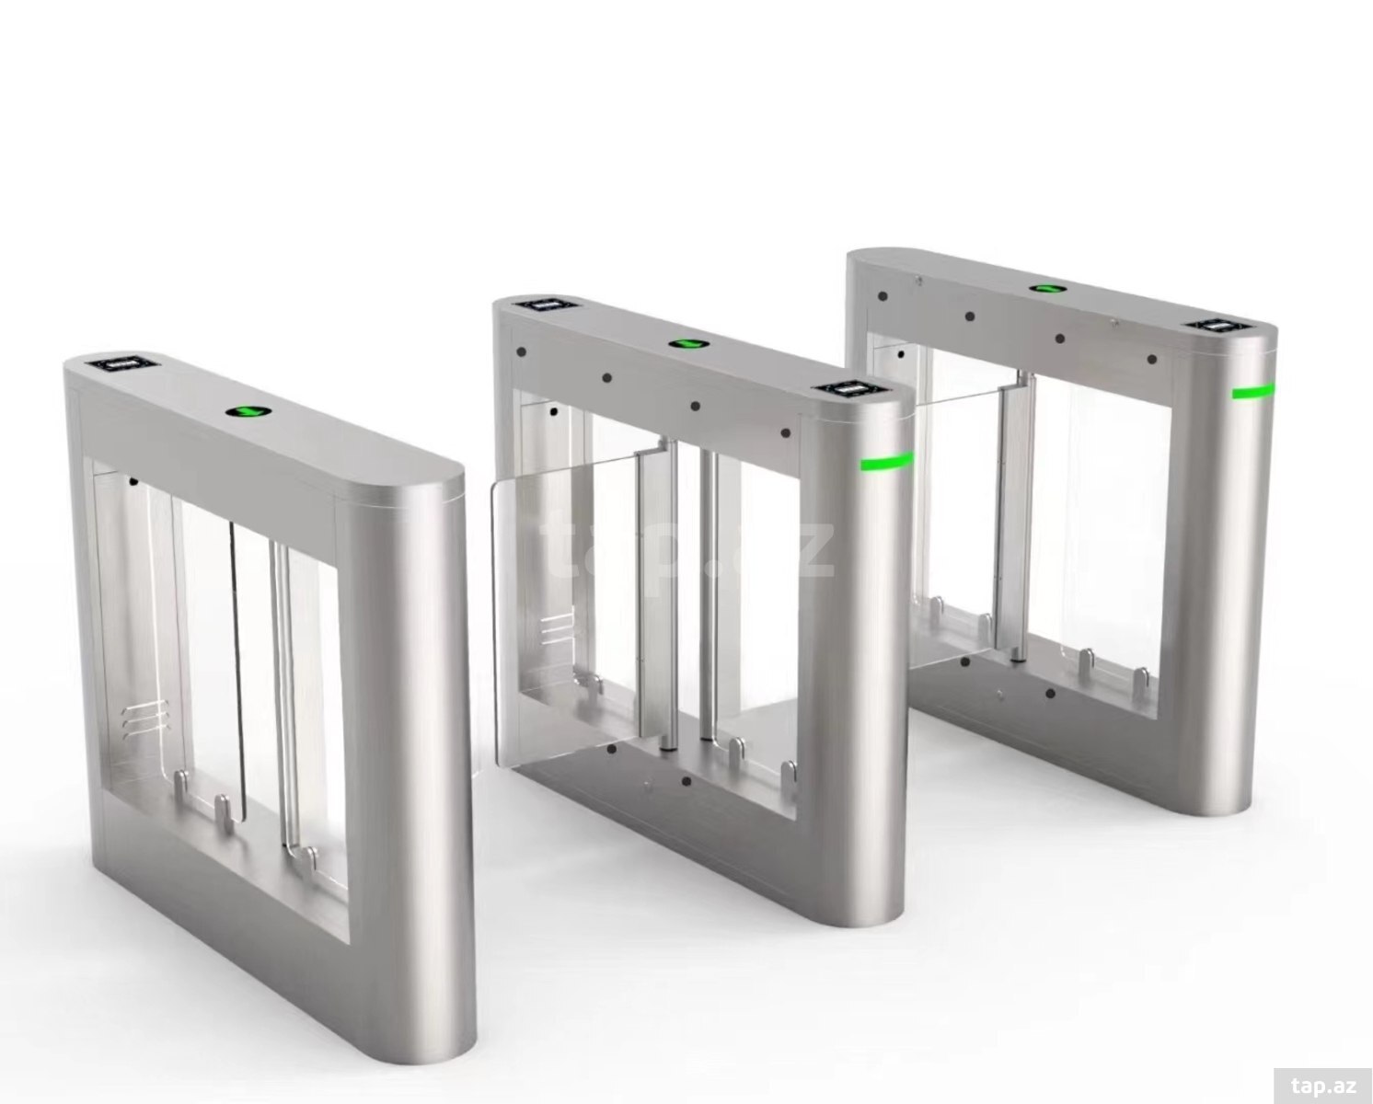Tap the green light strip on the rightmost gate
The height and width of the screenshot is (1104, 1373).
[1253, 391]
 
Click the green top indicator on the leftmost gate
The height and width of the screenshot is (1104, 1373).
[248, 413]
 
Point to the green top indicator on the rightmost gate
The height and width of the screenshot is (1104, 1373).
[1047, 288]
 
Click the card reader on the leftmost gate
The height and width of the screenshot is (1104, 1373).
[125, 365]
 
